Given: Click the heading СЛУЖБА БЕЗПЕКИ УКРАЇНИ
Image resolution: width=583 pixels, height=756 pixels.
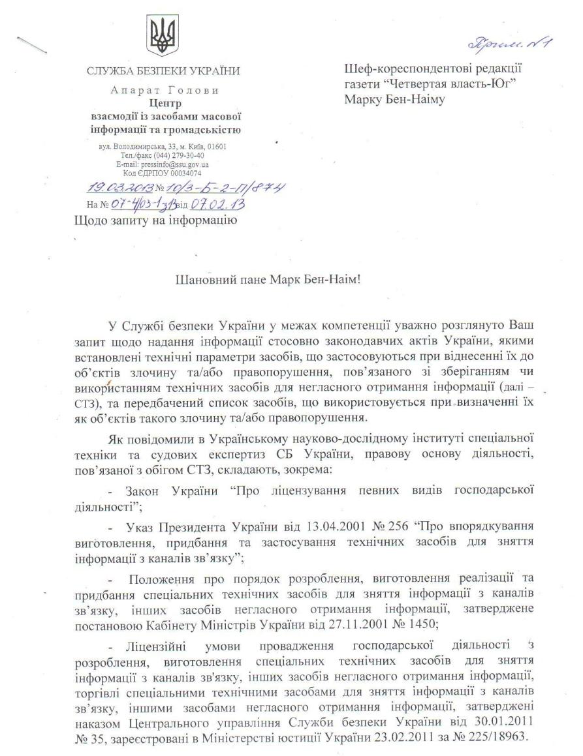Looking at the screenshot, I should pos(163,71).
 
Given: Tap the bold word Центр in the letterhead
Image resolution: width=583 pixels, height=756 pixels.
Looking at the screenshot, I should pos(165,102).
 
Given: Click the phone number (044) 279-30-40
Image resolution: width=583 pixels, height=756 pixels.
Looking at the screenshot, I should pos(181,156).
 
